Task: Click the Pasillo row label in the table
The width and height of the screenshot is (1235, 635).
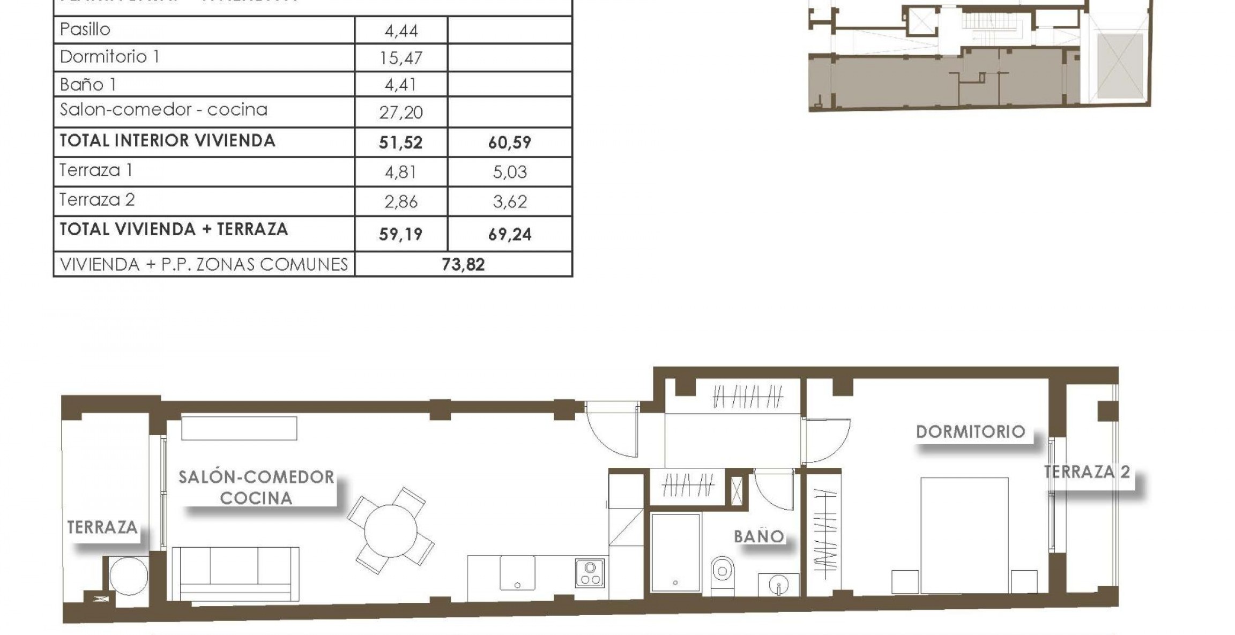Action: click(85, 29)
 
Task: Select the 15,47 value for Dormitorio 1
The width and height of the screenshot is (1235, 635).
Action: click(401, 58)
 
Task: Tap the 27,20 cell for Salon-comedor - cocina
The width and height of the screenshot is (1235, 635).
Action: click(401, 113)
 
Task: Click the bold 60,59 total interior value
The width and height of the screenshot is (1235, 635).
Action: click(509, 143)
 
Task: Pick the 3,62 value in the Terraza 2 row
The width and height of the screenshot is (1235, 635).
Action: click(509, 202)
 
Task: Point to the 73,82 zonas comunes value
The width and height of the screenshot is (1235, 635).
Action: click(463, 265)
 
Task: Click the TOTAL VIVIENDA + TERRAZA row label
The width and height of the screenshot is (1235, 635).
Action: click(174, 230)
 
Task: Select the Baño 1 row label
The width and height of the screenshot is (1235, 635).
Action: click(88, 85)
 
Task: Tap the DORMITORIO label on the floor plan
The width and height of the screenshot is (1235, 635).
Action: click(970, 432)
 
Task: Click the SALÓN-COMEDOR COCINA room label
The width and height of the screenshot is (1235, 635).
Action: click(256, 487)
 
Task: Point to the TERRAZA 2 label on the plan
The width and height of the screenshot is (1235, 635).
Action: click(1087, 472)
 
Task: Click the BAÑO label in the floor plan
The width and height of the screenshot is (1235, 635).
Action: click(759, 536)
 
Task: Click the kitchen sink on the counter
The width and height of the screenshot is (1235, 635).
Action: click(517, 572)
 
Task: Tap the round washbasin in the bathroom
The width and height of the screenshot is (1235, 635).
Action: click(778, 586)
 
